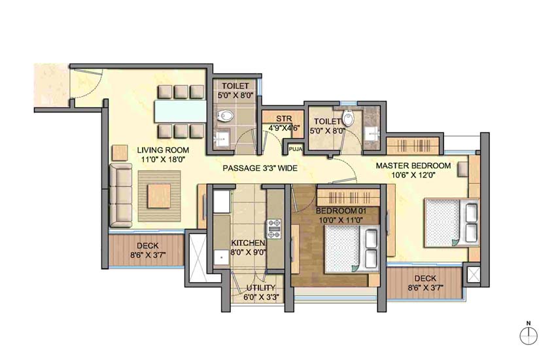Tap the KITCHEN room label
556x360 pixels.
[x=247, y=243]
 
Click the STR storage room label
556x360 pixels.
[x=283, y=118]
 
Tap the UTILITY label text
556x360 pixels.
[x=260, y=288]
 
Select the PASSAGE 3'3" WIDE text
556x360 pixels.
[x=260, y=169]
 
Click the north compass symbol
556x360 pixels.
[x=528, y=336]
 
